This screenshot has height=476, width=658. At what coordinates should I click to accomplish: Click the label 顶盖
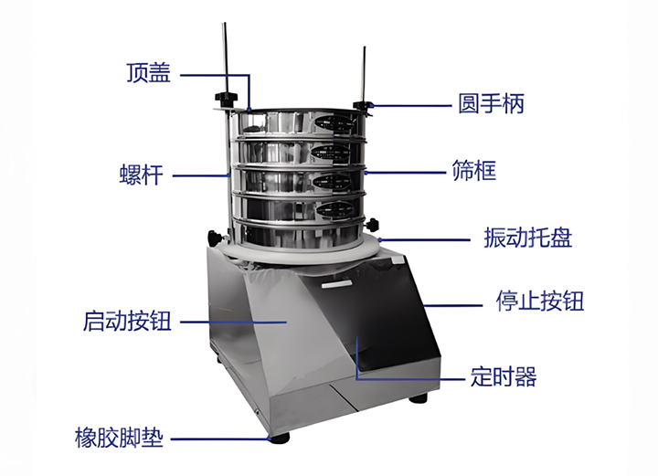tap(149, 72)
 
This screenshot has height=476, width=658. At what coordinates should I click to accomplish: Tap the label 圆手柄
tap(491, 103)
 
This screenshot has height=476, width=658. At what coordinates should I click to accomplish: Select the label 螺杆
tap(141, 175)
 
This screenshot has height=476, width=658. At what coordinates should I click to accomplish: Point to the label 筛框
tap(474, 171)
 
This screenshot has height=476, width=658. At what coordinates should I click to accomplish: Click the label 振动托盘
tap(528, 238)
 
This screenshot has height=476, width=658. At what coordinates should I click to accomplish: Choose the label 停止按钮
tap(540, 301)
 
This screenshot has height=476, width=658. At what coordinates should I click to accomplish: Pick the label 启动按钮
tap(127, 322)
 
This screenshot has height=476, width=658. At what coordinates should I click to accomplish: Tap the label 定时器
tap(504, 376)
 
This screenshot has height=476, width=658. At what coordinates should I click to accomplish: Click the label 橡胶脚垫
tap(119, 438)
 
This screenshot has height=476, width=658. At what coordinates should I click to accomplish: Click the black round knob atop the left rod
tap(226, 97)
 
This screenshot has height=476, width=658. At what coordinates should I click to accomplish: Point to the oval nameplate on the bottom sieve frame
tap(335, 209)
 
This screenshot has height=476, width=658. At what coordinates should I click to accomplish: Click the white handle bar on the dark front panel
tap(336, 285)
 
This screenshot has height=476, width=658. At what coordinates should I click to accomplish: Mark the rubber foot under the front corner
tap(279, 439)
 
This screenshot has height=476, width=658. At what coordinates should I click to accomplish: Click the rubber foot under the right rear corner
tap(418, 397)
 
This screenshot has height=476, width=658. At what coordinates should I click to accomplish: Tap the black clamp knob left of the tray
tap(215, 238)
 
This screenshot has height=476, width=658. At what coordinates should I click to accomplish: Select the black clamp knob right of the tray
tap(372, 225)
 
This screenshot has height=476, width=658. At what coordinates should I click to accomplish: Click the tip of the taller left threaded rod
tap(225, 23)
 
